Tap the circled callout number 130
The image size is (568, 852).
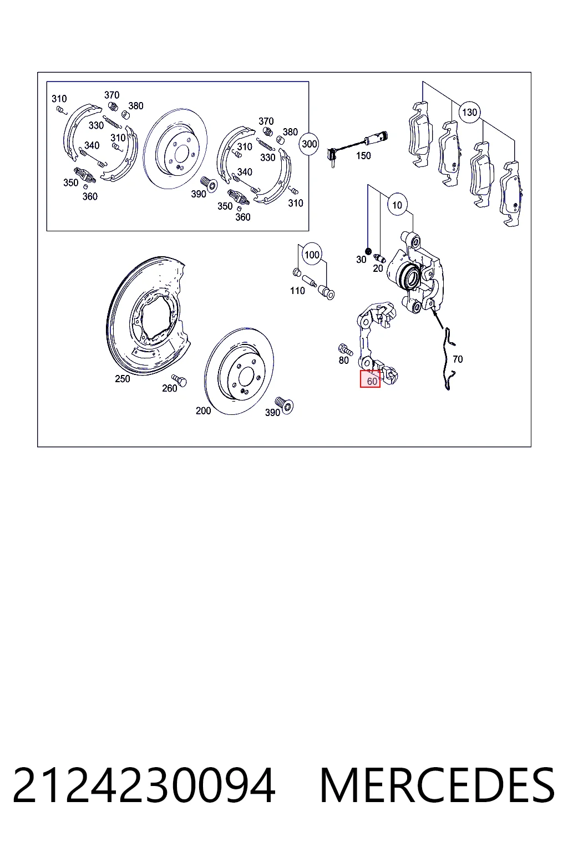click(469, 112)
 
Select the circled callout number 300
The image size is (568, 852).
click(310, 144)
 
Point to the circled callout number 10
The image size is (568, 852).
click(397, 205)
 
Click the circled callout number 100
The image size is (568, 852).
click(312, 255)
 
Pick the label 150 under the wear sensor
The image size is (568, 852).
click(363, 155)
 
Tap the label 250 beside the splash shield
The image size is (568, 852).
click(123, 379)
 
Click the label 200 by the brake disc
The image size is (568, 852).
click(203, 411)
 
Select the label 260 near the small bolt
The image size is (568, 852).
click(170, 388)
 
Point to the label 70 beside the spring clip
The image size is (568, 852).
click(458, 359)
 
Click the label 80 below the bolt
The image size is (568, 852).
click(343, 360)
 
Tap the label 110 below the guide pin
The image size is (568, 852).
click(297, 291)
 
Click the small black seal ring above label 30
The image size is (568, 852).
click(368, 251)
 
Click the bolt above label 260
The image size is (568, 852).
click(179, 380)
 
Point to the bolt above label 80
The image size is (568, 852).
click(345, 349)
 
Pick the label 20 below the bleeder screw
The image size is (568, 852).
click(378, 268)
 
